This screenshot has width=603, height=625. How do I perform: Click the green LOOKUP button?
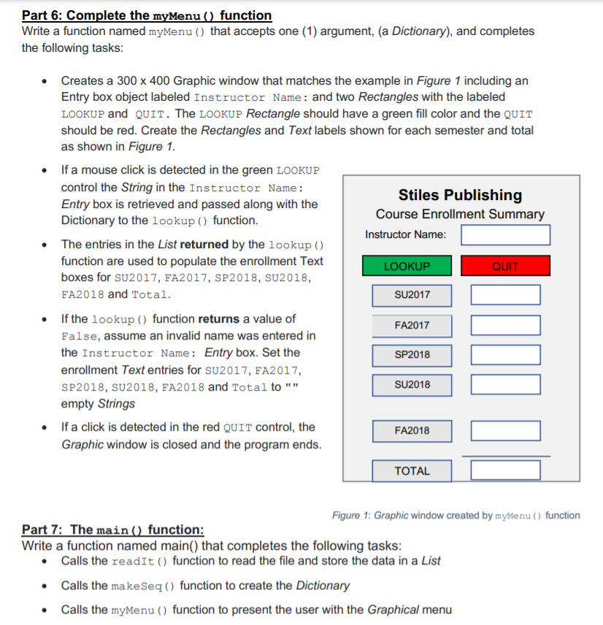[x=407, y=266]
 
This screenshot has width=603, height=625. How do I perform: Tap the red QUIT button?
[x=504, y=266]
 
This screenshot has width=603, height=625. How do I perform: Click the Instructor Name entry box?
[x=505, y=235]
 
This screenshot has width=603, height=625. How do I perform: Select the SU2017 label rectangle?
[x=412, y=295]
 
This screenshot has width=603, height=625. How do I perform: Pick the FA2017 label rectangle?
[x=412, y=326]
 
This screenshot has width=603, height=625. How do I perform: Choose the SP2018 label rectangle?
[x=412, y=355]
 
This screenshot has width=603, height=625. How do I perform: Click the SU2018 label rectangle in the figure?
[x=412, y=385]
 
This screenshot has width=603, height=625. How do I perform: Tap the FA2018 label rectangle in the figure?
[x=412, y=431]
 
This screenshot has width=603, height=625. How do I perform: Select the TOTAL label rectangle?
[x=412, y=471]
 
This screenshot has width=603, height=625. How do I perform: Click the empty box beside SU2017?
[x=505, y=295]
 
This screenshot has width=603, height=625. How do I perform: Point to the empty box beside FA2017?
[x=505, y=326]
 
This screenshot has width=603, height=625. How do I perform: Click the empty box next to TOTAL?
[x=505, y=470]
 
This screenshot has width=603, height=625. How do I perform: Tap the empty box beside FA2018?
[x=505, y=431]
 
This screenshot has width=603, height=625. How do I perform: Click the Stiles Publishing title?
[x=460, y=195]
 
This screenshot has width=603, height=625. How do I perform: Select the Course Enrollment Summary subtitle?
[x=460, y=214]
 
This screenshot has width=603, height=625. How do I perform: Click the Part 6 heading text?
[x=147, y=15]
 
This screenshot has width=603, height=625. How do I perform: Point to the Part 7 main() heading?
[x=113, y=529]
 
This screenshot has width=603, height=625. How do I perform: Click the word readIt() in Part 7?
[x=140, y=561]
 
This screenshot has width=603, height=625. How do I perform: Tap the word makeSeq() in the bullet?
[x=143, y=586]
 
